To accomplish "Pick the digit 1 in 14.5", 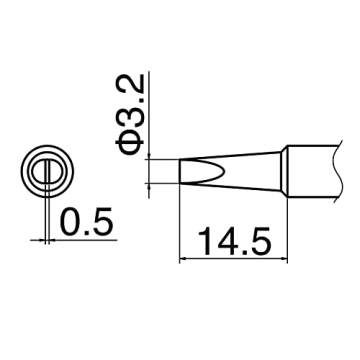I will point(199,243).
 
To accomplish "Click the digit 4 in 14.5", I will point(219,243).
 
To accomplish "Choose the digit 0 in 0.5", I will point(68,217).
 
